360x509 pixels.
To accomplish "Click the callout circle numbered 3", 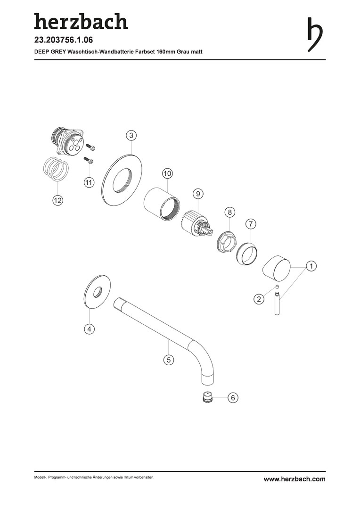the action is pos(131,136).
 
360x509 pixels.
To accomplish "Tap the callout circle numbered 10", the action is pos(167,173).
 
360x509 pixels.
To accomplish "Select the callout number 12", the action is pos(57,201).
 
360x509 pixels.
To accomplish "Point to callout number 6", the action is pos(233,397).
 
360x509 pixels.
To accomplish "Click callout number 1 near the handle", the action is pos(311,266).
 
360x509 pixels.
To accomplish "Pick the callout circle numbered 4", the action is pos(89,329).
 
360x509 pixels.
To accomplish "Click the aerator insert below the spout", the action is pos(207,397).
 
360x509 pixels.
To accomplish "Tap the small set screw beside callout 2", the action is pos(277,287).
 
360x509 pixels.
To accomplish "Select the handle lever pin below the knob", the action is pos(277,304).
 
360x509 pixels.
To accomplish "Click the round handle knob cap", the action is pos(277,267).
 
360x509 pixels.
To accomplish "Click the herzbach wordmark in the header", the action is pos(81,21).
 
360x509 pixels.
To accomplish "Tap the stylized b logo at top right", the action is pos(315,34).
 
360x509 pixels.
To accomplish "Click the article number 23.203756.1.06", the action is pos(64,40).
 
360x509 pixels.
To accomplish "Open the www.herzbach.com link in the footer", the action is pos(295,479).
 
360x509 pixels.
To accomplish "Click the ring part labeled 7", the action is pos(247,253).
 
